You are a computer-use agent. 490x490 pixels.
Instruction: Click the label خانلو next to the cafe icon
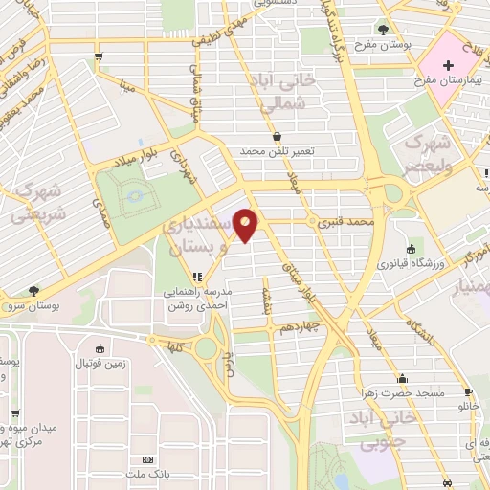tap(468, 406)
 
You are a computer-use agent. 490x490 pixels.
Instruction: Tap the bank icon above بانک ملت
tap(146, 459)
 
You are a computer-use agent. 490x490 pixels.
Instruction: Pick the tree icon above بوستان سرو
tap(35, 289)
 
